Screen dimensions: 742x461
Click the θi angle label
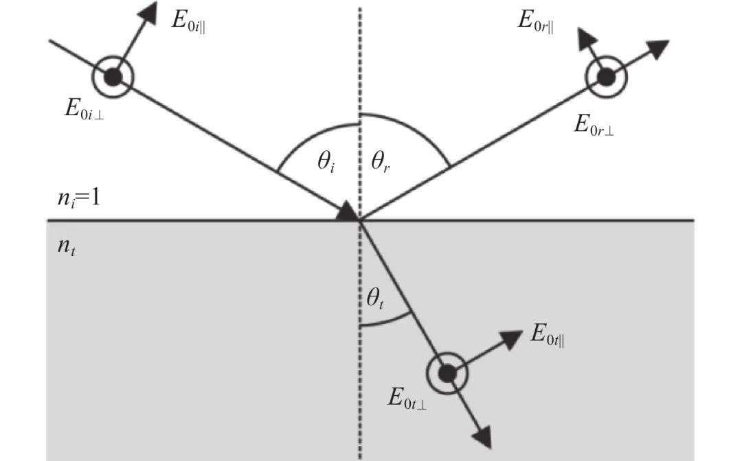point(326,162)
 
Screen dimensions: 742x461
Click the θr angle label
point(381,162)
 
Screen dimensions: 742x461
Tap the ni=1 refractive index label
point(79,198)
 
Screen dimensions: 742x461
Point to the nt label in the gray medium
point(66,246)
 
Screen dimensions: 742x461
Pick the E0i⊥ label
point(84,109)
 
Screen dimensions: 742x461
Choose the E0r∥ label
point(536,21)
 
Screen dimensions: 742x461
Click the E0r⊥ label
point(594,125)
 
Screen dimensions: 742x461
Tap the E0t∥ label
point(548,334)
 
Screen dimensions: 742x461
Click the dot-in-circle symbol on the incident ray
point(113,77)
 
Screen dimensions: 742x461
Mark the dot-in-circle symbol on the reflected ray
point(606,77)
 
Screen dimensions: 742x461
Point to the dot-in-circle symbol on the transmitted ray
point(447,373)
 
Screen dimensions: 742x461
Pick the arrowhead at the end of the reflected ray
point(656,49)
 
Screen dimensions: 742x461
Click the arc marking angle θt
point(385,322)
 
